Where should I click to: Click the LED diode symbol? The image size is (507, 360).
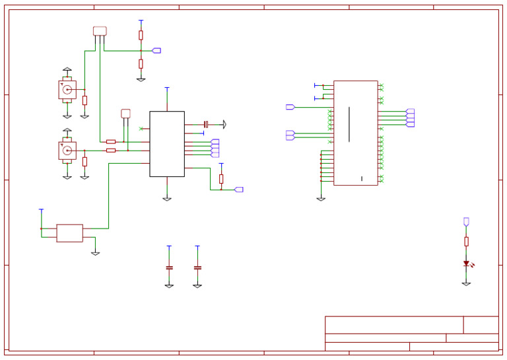point(466,263)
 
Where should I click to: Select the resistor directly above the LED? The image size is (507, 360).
point(466,242)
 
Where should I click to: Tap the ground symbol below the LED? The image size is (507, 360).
point(466,283)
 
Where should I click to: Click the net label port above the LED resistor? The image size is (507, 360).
point(466,221)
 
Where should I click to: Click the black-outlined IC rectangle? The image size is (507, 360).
point(167,144)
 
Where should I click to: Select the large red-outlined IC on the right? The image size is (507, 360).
point(355,133)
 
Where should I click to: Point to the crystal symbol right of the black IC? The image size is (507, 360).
point(206,124)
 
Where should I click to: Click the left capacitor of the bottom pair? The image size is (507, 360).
point(169,268)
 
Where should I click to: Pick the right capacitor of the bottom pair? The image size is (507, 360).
point(197,268)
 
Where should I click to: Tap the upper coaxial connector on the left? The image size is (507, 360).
point(67,90)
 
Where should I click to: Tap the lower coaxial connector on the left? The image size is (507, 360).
point(67,151)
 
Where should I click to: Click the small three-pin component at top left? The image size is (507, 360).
point(100,31)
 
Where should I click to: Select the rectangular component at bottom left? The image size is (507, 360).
point(69,233)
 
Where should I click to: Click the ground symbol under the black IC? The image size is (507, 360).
point(167,198)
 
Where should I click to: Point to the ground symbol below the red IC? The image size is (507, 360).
point(321,198)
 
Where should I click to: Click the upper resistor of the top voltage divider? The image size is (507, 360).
point(141,35)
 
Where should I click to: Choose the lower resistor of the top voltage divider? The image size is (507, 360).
point(141,63)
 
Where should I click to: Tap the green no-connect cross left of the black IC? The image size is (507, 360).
point(141,128)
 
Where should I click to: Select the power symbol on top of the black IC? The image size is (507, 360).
point(167,88)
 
